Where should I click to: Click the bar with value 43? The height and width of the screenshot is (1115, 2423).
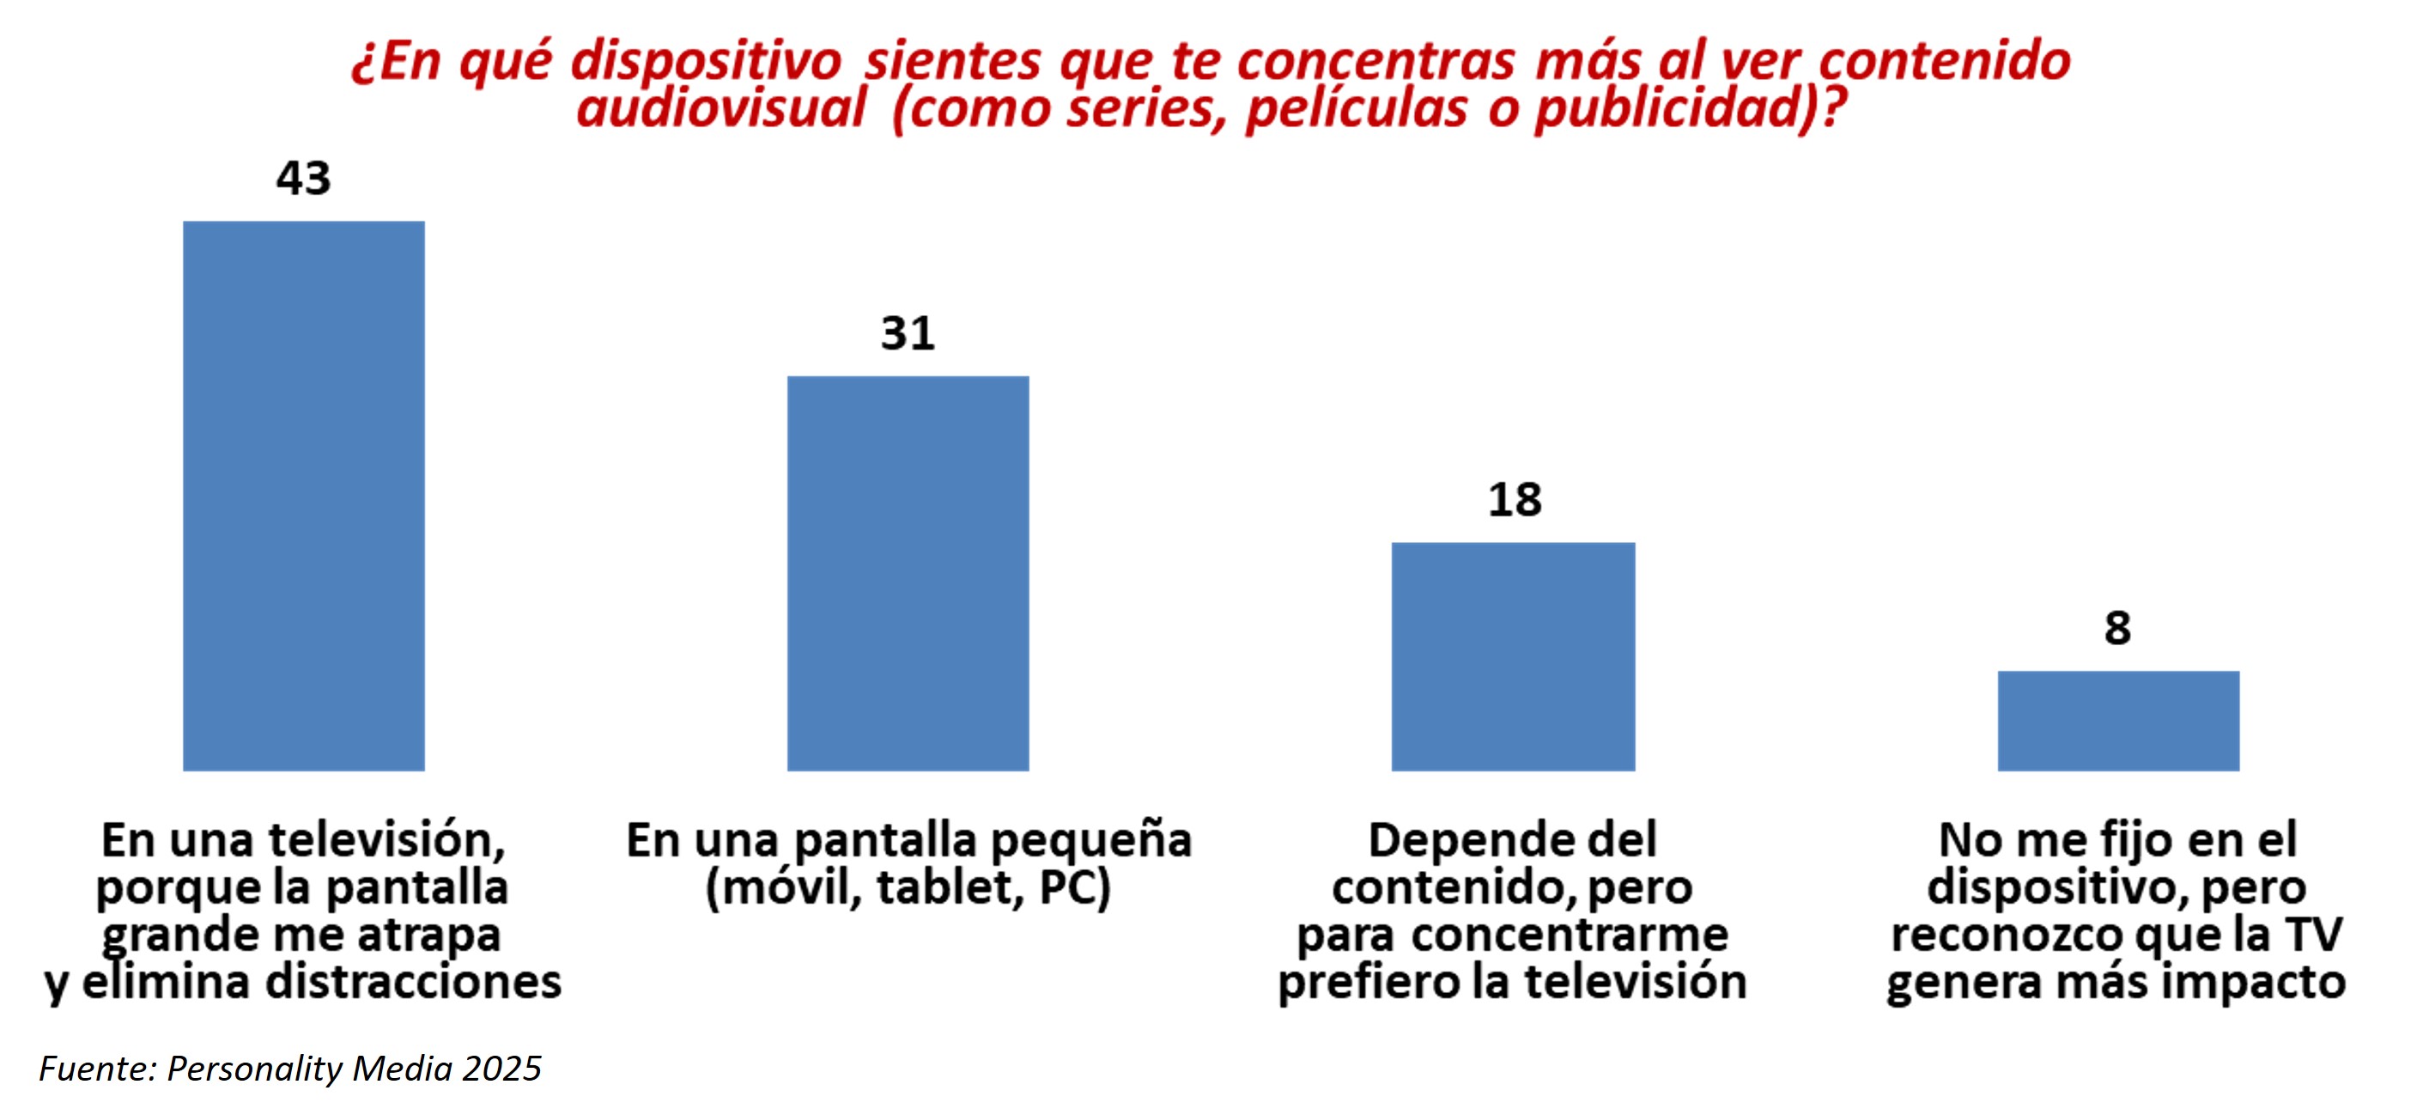[303, 496]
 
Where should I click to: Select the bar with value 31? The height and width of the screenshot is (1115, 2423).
[908, 573]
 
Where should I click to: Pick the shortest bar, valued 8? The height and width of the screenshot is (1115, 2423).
[2118, 721]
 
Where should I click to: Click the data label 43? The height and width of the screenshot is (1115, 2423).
[303, 178]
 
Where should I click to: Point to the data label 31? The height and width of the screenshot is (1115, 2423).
[908, 333]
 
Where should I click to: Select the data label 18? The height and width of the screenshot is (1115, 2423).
[1515, 500]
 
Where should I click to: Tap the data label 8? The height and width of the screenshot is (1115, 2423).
[2117, 629]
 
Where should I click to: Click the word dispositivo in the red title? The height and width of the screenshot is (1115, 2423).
[706, 63]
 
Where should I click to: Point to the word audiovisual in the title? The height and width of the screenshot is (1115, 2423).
[720, 108]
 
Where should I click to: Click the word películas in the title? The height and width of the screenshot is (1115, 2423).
[1357, 108]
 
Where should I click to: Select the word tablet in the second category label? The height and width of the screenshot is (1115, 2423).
[949, 887]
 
